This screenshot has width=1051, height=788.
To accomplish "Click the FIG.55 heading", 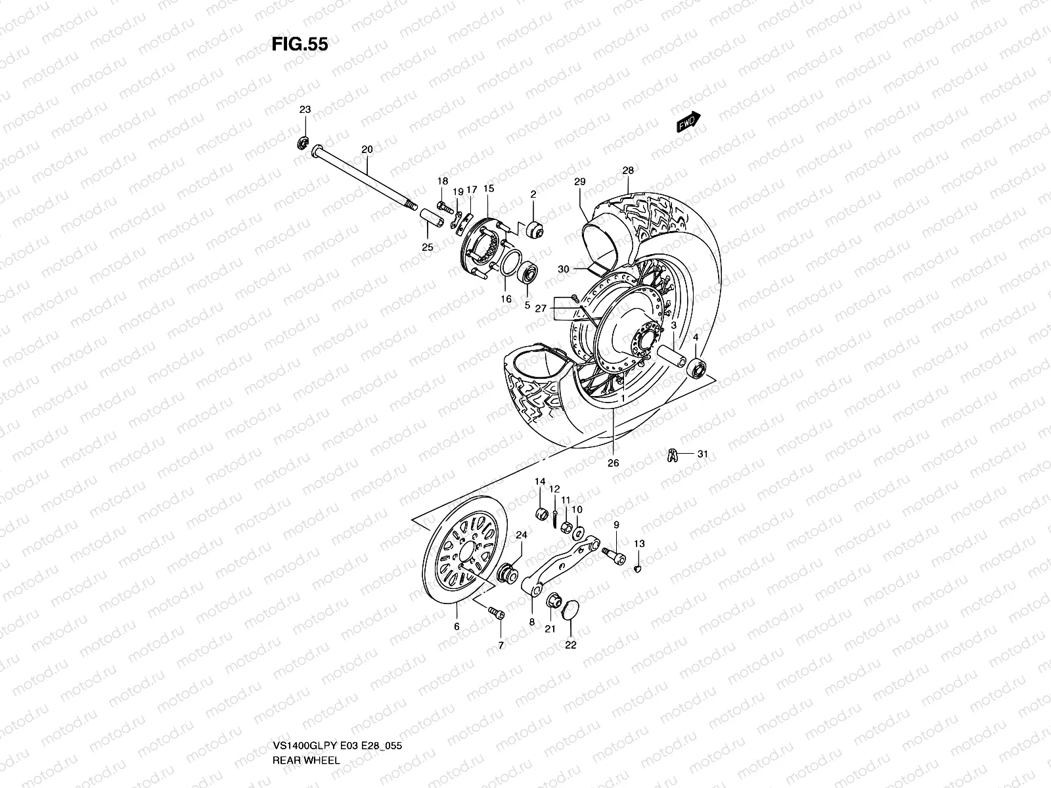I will [300, 44].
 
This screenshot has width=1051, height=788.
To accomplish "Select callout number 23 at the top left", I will [323, 110].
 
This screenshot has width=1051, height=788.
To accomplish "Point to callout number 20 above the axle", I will [367, 150].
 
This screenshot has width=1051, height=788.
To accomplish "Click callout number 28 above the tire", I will [628, 171].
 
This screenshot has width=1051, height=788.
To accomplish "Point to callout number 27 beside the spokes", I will [541, 308].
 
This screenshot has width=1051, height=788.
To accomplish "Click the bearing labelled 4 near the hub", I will [696, 368].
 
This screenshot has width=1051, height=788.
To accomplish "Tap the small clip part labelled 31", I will [671, 454].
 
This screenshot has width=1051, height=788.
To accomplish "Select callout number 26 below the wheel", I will [613, 463].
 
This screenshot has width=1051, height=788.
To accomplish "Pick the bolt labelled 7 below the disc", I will [497, 613].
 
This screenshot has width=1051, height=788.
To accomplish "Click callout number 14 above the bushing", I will [540, 482].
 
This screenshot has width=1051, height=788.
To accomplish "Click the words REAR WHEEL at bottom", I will [307, 760].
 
